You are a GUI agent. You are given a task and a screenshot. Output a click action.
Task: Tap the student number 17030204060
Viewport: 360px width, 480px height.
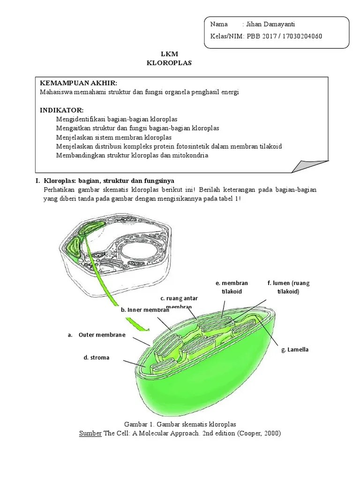tap(300, 37)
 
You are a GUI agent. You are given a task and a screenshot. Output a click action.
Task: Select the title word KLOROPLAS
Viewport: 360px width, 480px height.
tap(169, 63)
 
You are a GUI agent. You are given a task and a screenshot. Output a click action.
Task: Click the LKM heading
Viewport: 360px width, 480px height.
tap(169, 54)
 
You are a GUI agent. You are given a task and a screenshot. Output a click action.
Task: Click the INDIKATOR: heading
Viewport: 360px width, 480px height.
tap(61, 110)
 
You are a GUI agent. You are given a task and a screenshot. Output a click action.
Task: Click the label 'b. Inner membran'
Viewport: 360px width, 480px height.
tap(144, 310)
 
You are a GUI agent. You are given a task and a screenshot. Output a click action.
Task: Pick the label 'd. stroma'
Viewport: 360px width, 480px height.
tap(97, 357)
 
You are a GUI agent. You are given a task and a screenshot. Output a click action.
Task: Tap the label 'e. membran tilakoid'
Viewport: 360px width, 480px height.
tap(232, 287)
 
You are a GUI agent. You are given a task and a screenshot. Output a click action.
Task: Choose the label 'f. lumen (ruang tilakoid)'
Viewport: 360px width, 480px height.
tap(288, 287)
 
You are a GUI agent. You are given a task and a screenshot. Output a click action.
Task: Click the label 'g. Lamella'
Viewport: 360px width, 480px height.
tap(295, 350)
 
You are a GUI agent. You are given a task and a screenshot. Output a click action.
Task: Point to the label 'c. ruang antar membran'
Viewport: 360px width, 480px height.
tap(179, 302)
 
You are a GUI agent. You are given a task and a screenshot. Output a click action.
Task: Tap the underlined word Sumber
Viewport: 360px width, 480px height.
tap(91, 433)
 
